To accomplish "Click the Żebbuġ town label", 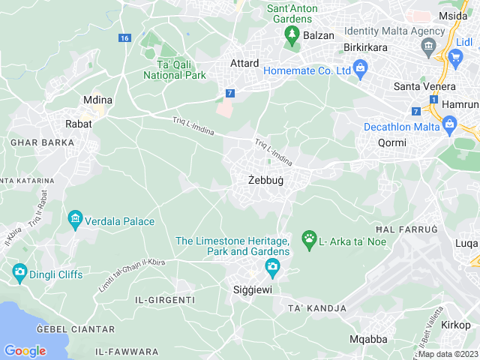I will (266, 181).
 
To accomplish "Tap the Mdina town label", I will (97, 99).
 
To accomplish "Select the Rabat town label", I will (79, 124).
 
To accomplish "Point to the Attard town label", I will (244, 63).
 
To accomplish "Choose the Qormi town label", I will (391, 142).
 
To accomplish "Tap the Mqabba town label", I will (369, 339).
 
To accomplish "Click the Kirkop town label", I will (455, 324).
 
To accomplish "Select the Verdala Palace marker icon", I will (75, 220).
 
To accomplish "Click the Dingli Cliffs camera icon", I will (19, 274).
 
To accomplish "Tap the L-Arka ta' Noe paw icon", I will (309, 240).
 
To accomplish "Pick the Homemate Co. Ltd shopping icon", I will (361, 71).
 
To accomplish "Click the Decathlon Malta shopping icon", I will (450, 125).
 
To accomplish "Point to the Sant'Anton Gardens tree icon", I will (291, 34).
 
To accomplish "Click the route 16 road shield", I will (124, 38).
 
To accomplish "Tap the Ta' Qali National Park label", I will (174, 70).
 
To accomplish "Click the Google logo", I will (25, 350).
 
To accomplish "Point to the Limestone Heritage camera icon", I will (272, 265).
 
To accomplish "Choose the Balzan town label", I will (319, 35).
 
